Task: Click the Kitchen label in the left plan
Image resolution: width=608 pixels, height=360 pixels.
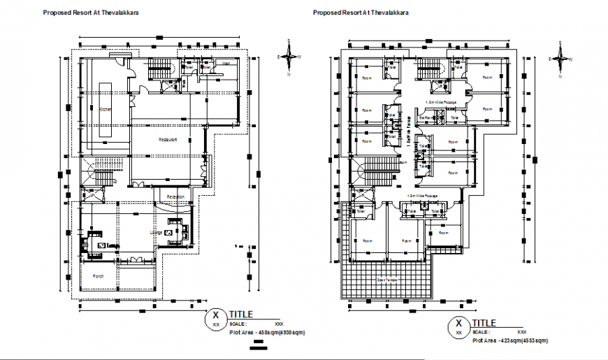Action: tap(106, 110)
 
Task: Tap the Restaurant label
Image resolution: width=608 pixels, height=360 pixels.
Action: tap(167, 140)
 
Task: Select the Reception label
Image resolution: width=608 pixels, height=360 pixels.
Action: tap(176, 197)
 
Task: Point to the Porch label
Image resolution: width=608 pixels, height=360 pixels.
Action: tap(99, 276)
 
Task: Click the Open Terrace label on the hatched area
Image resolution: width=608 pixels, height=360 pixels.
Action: tap(389, 280)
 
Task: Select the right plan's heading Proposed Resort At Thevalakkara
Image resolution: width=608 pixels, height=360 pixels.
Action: tap(361, 13)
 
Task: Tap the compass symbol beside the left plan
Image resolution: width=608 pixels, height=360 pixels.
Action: tap(287, 58)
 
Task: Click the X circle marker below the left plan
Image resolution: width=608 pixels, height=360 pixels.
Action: tap(215, 318)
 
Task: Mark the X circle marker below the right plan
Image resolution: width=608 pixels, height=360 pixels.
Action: tap(458, 326)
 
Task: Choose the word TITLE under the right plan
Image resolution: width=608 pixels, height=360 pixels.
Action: tap(484, 323)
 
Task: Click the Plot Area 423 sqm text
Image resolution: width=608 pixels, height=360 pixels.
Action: tap(510, 340)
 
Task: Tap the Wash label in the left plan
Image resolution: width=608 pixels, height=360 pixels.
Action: tap(226, 64)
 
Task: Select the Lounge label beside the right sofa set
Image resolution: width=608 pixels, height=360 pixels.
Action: tap(156, 233)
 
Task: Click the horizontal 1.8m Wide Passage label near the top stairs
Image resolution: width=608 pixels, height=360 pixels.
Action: tap(441, 102)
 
